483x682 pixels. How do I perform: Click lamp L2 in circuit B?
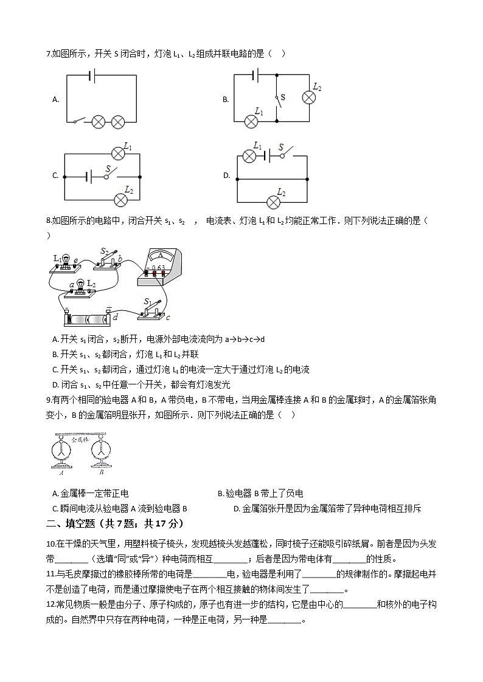click(x=308, y=98)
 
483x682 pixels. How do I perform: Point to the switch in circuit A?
click(x=78, y=121)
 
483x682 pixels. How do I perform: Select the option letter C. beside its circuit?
click(x=55, y=176)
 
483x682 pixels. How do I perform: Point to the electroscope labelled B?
click(x=101, y=451)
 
